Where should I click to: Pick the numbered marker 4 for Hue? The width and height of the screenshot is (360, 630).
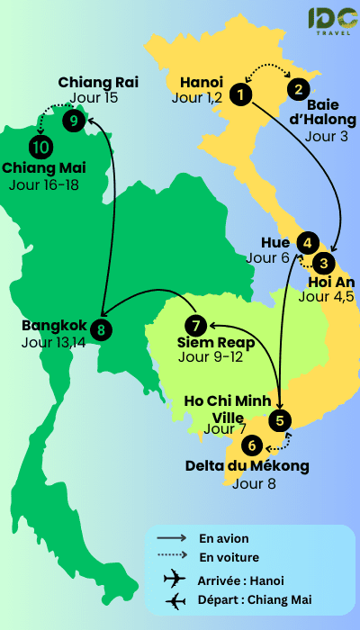click(308, 242)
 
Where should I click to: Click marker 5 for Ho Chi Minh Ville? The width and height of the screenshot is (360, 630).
click(281, 419)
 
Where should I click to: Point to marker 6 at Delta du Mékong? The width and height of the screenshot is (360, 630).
click(253, 444)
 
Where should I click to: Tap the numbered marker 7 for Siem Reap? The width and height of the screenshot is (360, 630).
click(194, 325)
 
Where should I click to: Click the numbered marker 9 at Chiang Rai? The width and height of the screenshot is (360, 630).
click(74, 119)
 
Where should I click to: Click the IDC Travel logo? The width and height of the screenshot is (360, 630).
click(331, 22)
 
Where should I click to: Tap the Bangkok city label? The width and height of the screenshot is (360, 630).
click(54, 326)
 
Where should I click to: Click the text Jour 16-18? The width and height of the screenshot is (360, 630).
click(43, 185)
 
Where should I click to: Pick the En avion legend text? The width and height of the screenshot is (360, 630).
click(224, 538)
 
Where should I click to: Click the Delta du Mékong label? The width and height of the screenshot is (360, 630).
click(247, 466)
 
